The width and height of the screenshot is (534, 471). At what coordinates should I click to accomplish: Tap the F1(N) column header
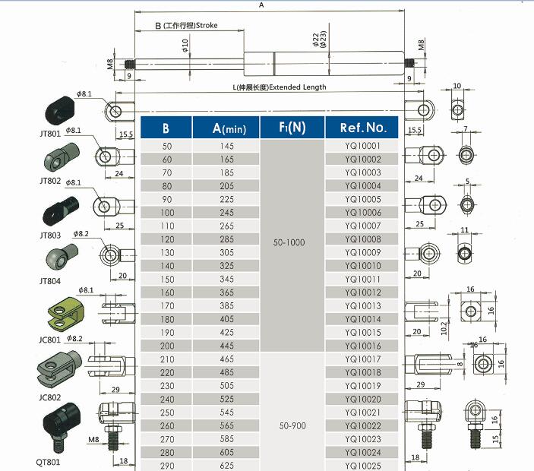click(x=292, y=127)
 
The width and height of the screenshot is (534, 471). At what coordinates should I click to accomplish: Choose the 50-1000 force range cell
click(x=292, y=242)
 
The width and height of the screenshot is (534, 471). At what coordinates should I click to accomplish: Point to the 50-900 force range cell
click(x=292, y=426)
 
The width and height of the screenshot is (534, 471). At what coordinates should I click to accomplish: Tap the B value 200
click(x=167, y=345)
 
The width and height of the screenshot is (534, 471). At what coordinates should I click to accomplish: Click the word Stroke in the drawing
click(x=207, y=26)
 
